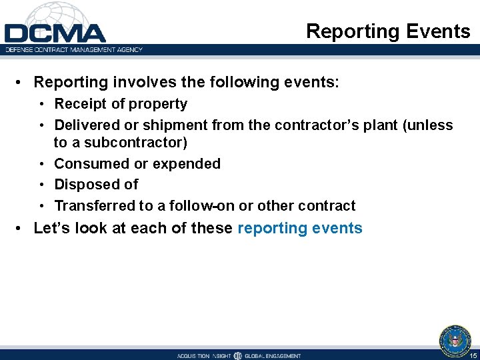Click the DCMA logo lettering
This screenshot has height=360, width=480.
[55, 33]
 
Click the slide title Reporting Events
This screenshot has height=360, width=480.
[388, 31]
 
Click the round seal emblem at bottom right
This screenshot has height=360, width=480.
[455, 340]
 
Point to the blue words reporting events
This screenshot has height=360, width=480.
[299, 229]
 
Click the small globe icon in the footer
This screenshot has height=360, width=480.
[237, 355]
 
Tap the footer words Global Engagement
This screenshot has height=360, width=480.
[273, 355]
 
